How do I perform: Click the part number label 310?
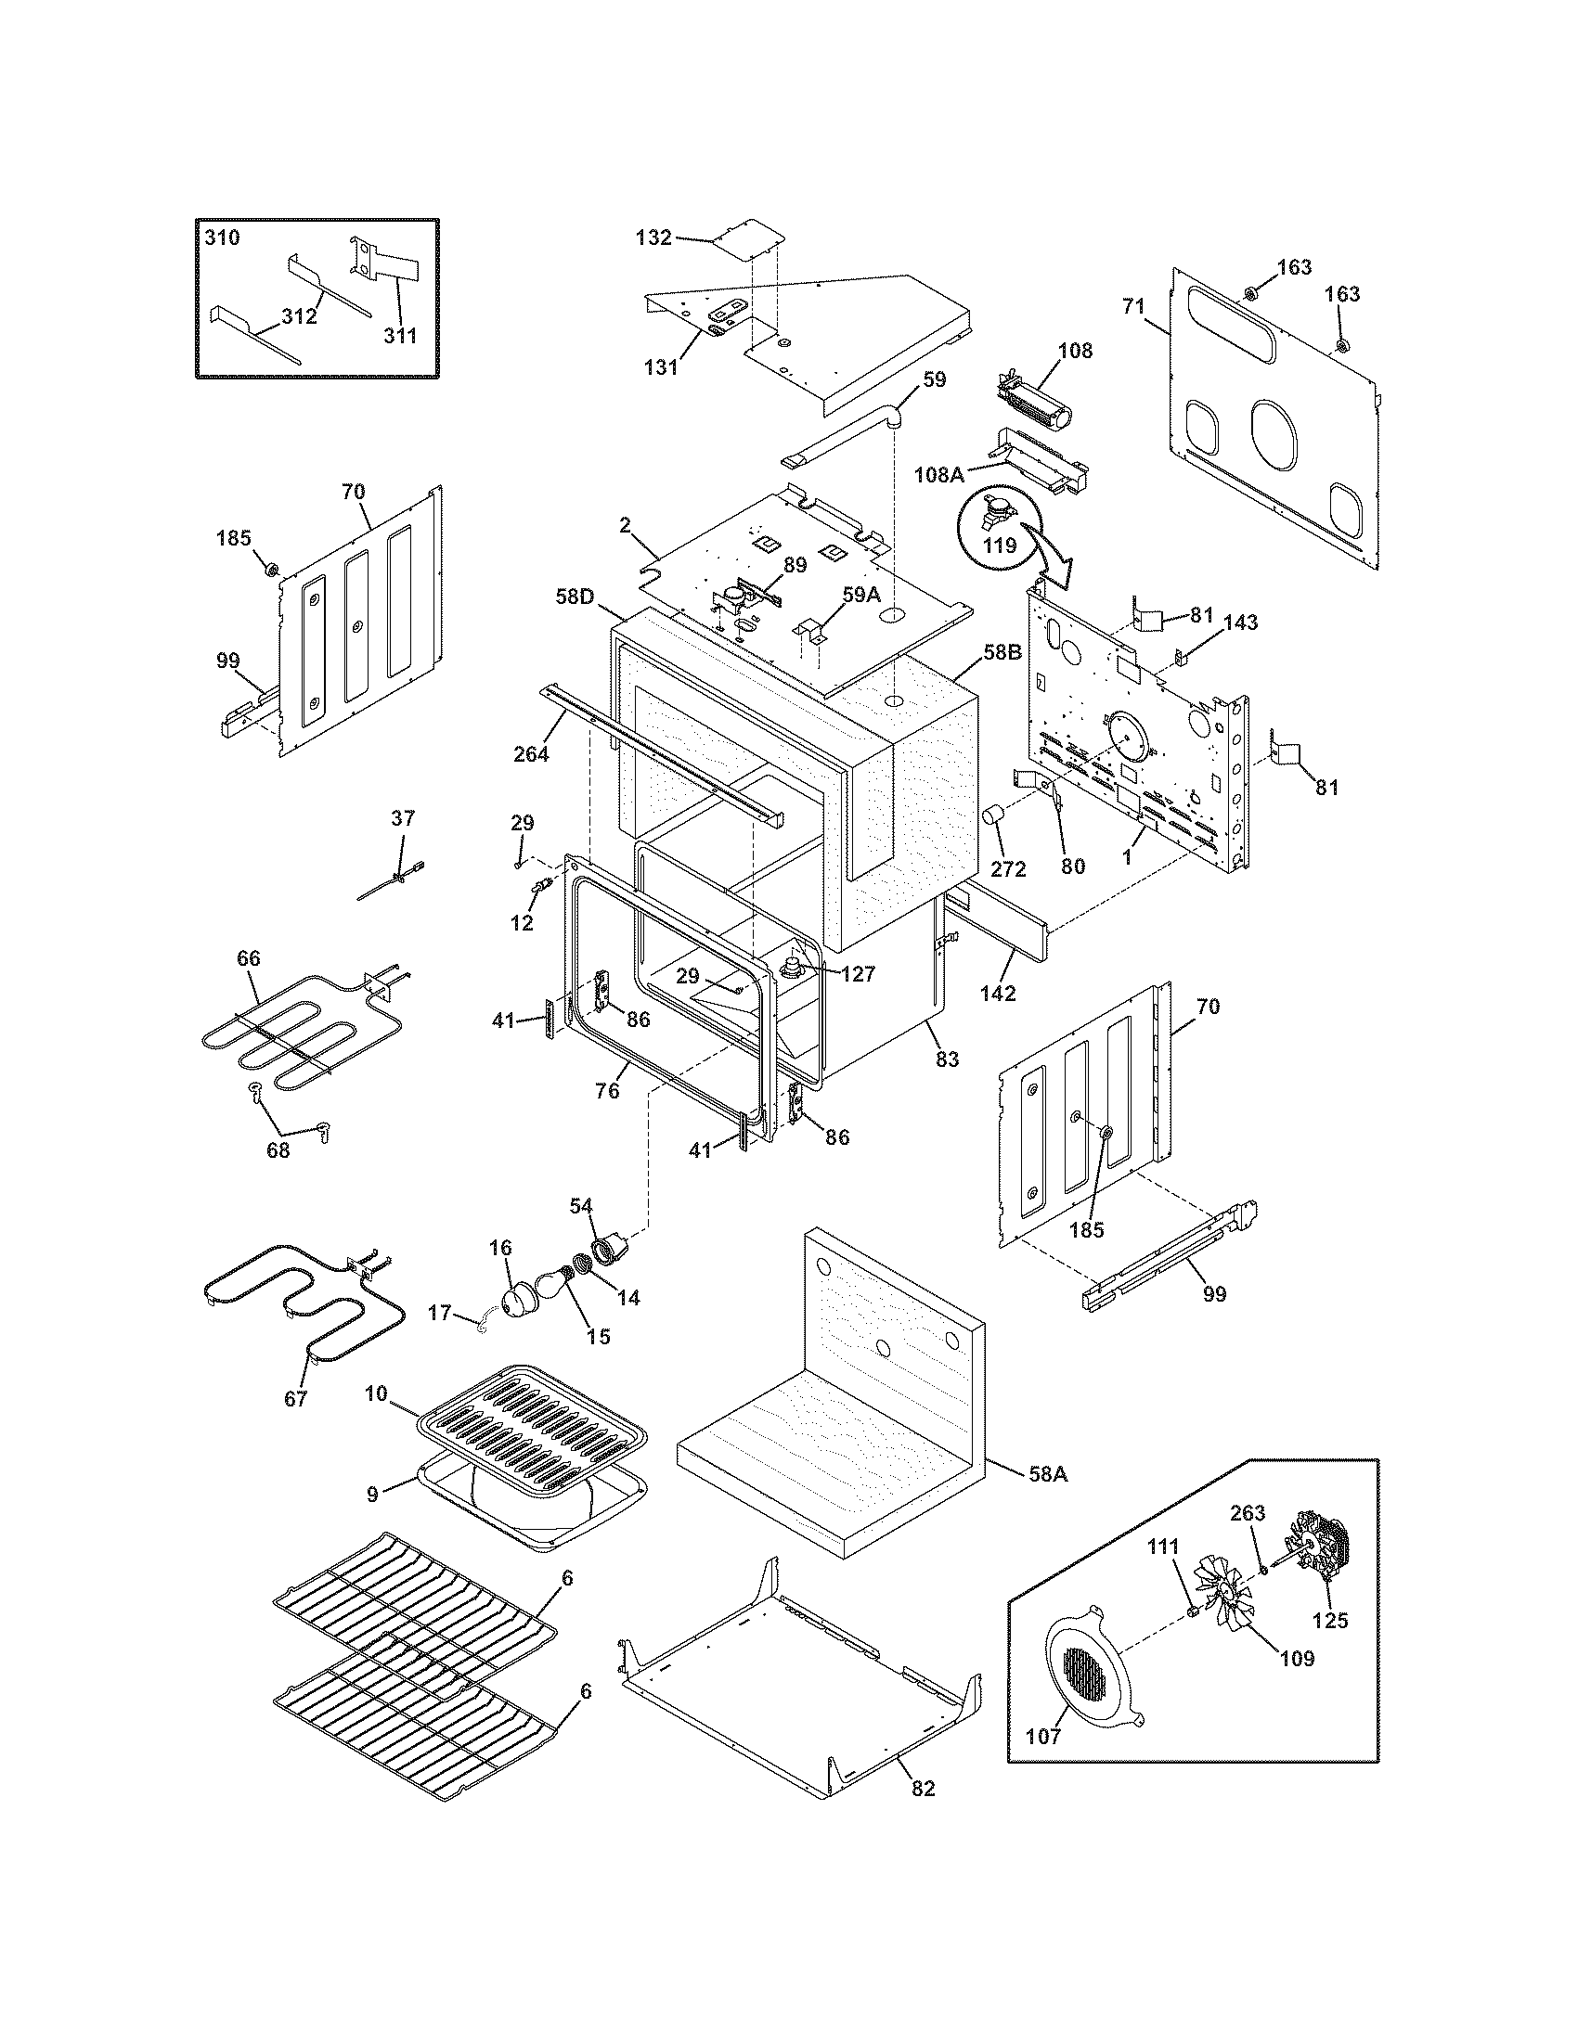(x=223, y=237)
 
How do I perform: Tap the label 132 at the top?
(x=653, y=237)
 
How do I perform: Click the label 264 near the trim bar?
(x=531, y=753)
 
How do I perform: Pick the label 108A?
(x=938, y=474)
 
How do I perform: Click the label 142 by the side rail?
(x=998, y=994)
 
